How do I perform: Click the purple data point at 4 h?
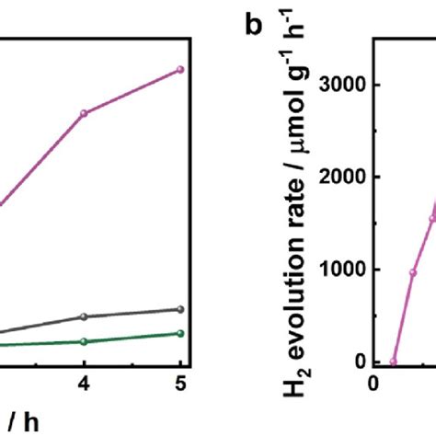tap(84, 113)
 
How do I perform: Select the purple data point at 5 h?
tap(180, 69)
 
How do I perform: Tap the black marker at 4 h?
tap(84, 316)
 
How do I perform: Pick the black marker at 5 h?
tap(180, 309)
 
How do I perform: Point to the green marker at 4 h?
tap(84, 341)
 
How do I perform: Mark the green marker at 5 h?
tap(180, 333)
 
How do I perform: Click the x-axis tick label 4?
tap(84, 386)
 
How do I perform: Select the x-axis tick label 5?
tap(180, 386)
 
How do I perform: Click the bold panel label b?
tap(254, 25)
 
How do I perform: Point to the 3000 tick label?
tap(340, 85)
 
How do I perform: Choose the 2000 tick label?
tap(340, 178)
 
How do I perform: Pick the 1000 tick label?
tap(340, 270)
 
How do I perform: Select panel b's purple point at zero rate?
tap(393, 361)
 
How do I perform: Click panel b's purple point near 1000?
tap(413, 272)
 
